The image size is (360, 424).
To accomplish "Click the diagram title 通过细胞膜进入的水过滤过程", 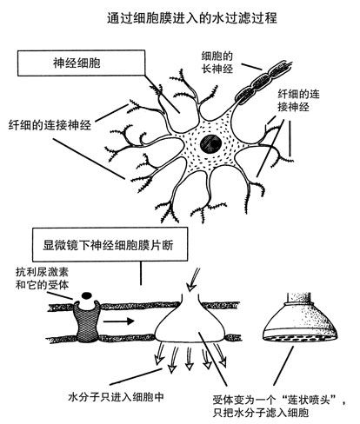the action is tap(192, 18).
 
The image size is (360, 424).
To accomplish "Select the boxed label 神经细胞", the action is tap(77, 63).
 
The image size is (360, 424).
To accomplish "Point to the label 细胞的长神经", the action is tap(217, 63).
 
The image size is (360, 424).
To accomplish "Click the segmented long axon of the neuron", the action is tap(263, 83).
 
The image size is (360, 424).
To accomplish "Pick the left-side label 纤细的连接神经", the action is tap(50, 125).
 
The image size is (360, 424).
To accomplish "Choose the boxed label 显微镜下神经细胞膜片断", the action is tap(108, 245).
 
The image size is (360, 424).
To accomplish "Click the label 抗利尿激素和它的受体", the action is tap(42, 278).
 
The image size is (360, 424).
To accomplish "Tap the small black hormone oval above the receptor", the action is tap(87, 295).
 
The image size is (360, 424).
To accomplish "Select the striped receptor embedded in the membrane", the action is tap(87, 321).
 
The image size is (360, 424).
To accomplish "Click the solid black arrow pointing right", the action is tap(118, 321).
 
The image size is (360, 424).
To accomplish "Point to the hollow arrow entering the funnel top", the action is tap(193, 280).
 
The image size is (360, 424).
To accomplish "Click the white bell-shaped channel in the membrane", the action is tap(190, 321).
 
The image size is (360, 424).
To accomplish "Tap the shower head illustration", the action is tap(300, 317).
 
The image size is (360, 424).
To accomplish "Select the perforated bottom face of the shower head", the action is tap(300, 337).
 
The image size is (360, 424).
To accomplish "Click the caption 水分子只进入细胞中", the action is tap(116, 396).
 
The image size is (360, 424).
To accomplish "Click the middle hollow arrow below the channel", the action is tap(190, 359).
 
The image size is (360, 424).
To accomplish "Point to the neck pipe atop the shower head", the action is tap(300, 297).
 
